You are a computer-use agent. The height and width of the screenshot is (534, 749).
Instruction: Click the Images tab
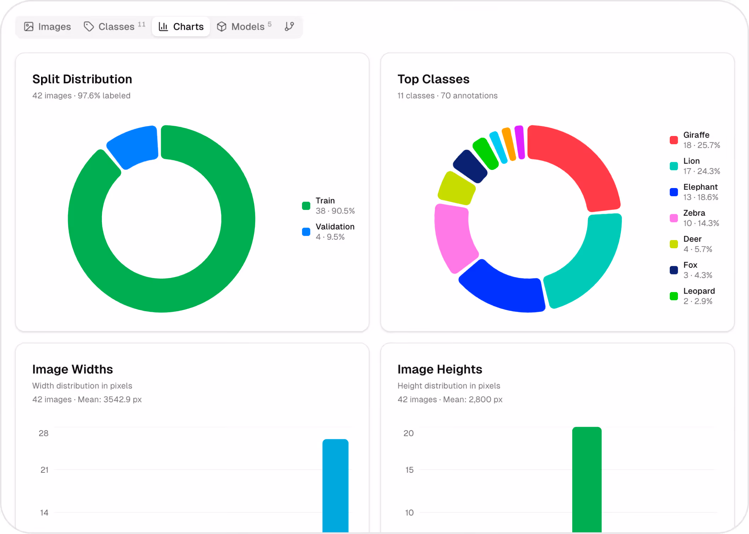pos(47,27)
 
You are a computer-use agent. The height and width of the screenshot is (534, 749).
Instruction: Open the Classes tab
pos(114,27)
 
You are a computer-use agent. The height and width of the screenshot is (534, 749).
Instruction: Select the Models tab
pos(244,27)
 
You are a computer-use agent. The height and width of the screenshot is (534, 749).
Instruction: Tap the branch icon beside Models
pos(289,27)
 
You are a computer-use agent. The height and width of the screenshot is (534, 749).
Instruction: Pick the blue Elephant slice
pos(503,289)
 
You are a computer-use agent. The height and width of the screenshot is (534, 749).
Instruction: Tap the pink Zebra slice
pos(453,237)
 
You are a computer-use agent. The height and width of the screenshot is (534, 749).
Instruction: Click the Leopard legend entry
pos(698,296)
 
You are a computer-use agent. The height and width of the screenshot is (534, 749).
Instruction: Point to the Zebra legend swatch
pos(674,218)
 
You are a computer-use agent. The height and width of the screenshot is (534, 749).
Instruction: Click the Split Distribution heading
pos(82,79)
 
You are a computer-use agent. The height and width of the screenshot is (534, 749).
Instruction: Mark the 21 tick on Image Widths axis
pos(44,470)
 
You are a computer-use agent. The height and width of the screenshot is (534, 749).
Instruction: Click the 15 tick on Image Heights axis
pos(409,470)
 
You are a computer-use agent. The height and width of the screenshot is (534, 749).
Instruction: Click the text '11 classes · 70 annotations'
pos(447,96)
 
